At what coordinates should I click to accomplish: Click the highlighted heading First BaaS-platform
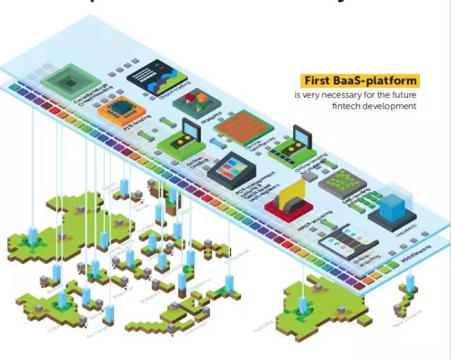click(359, 80)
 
